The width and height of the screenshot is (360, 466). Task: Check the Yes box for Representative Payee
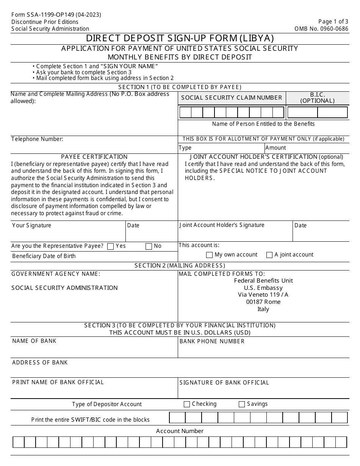point(111,246)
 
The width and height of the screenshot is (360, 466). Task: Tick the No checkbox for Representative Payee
point(149,246)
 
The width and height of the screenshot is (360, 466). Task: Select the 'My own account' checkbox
point(209,255)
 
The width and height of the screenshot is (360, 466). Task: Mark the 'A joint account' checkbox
point(269,255)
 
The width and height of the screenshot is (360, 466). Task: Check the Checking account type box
point(187,404)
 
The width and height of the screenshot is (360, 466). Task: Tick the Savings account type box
point(242,404)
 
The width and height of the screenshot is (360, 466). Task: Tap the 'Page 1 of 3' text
point(333,22)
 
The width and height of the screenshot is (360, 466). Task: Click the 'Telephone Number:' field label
point(37,139)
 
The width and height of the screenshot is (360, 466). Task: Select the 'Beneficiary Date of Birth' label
point(44,256)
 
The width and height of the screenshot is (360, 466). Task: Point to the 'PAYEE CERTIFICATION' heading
point(94,157)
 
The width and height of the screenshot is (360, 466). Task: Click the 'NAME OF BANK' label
point(34,341)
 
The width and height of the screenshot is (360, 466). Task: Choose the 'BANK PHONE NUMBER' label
point(212,341)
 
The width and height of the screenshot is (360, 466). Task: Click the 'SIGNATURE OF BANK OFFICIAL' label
point(224,383)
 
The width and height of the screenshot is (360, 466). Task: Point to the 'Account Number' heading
point(180,431)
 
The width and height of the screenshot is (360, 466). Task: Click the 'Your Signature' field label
point(31,225)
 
